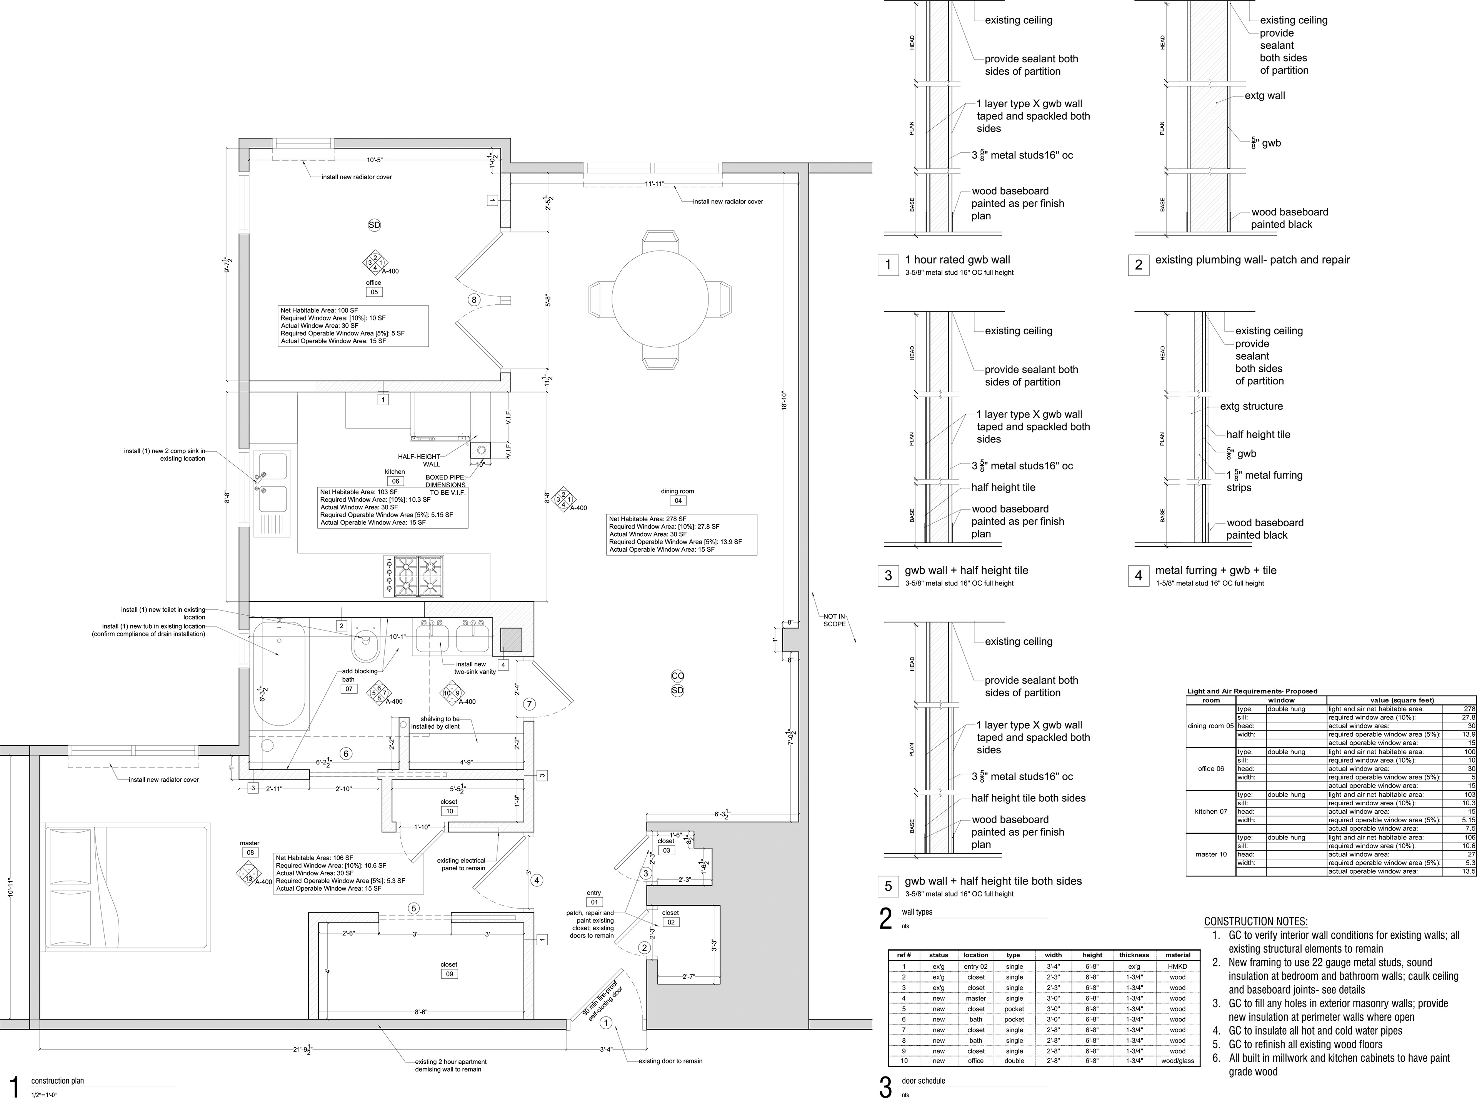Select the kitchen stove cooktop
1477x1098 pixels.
tap(413, 576)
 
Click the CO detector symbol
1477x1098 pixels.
tap(677, 676)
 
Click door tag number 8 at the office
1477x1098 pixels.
tap(474, 300)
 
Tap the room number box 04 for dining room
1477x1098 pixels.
tap(678, 501)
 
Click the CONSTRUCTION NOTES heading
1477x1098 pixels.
tap(1256, 922)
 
